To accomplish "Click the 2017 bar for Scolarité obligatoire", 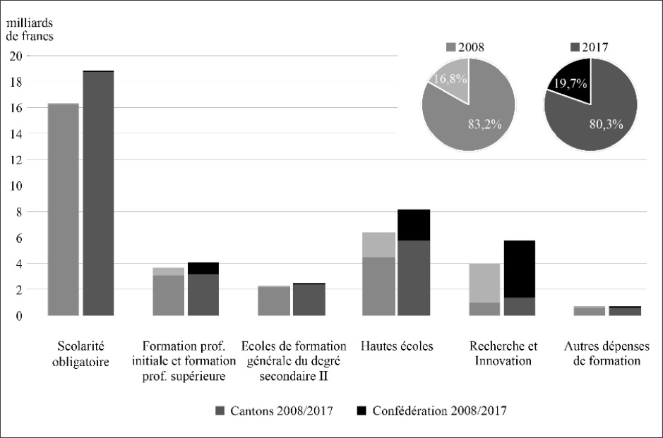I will (x=98, y=193).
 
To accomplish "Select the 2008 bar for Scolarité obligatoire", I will (x=63, y=209).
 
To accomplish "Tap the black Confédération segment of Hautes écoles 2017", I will (x=413, y=225).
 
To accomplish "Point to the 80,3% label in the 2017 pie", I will (x=605, y=124).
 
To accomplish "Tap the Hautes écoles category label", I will (x=396, y=346).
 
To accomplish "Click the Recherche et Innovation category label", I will (x=502, y=353).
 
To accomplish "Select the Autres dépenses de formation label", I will (x=602, y=353).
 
